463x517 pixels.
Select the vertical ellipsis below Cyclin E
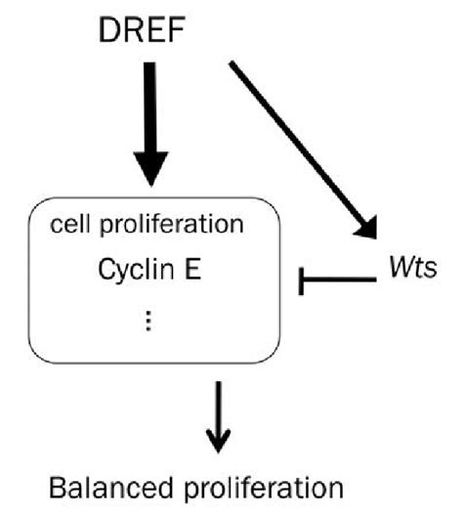pos(148,320)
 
